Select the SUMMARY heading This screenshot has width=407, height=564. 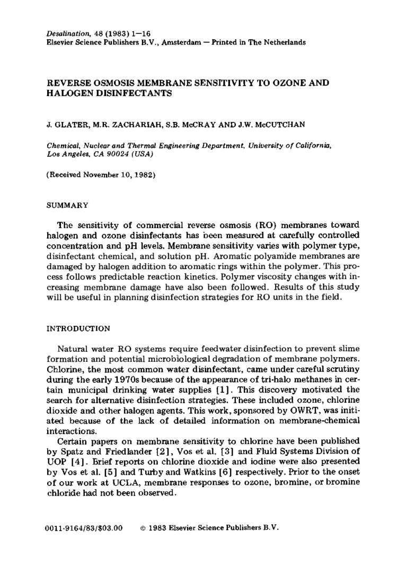(67, 204)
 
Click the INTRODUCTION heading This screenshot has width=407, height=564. (79, 329)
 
